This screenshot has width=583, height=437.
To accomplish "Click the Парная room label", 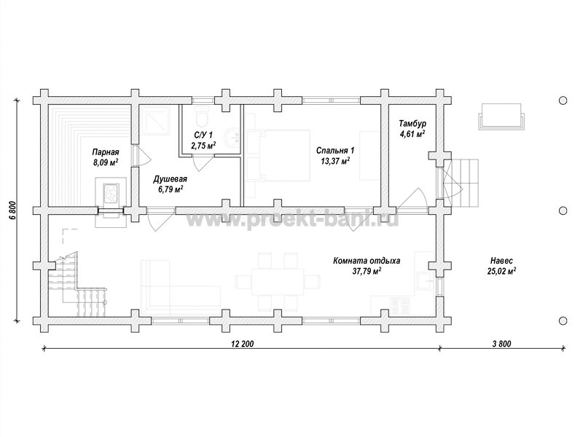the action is (106, 152).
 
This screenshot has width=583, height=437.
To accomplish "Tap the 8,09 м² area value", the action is (106, 162).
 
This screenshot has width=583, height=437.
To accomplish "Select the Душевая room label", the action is (170, 179).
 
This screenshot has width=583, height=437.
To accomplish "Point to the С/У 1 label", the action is (203, 135).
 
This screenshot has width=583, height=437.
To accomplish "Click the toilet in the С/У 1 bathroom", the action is (203, 117).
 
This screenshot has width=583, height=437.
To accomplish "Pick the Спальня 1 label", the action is (335, 151).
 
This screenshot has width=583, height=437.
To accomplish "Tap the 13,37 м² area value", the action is (335, 160).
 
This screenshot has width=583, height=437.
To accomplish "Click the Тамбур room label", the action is (412, 123).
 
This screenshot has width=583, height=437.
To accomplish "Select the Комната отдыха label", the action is (367, 261).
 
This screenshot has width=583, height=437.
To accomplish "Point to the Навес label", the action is (501, 261).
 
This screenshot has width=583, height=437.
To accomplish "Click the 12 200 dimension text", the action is (243, 344).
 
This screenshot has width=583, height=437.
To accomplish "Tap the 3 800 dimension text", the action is (501, 344).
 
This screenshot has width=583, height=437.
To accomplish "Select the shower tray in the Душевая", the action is (155, 121).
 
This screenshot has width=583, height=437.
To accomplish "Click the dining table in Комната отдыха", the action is (278, 282).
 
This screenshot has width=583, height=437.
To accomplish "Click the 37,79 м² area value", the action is (367, 271).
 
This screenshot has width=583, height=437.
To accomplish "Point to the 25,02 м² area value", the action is (501, 271).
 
